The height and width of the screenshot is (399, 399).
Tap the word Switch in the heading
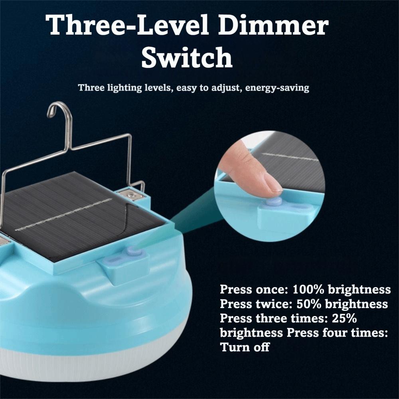[x=187, y=57]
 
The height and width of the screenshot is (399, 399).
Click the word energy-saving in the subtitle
[x=277, y=88]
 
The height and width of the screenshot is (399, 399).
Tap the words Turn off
[x=245, y=347]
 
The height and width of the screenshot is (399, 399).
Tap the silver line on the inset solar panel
[x=291, y=157]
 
